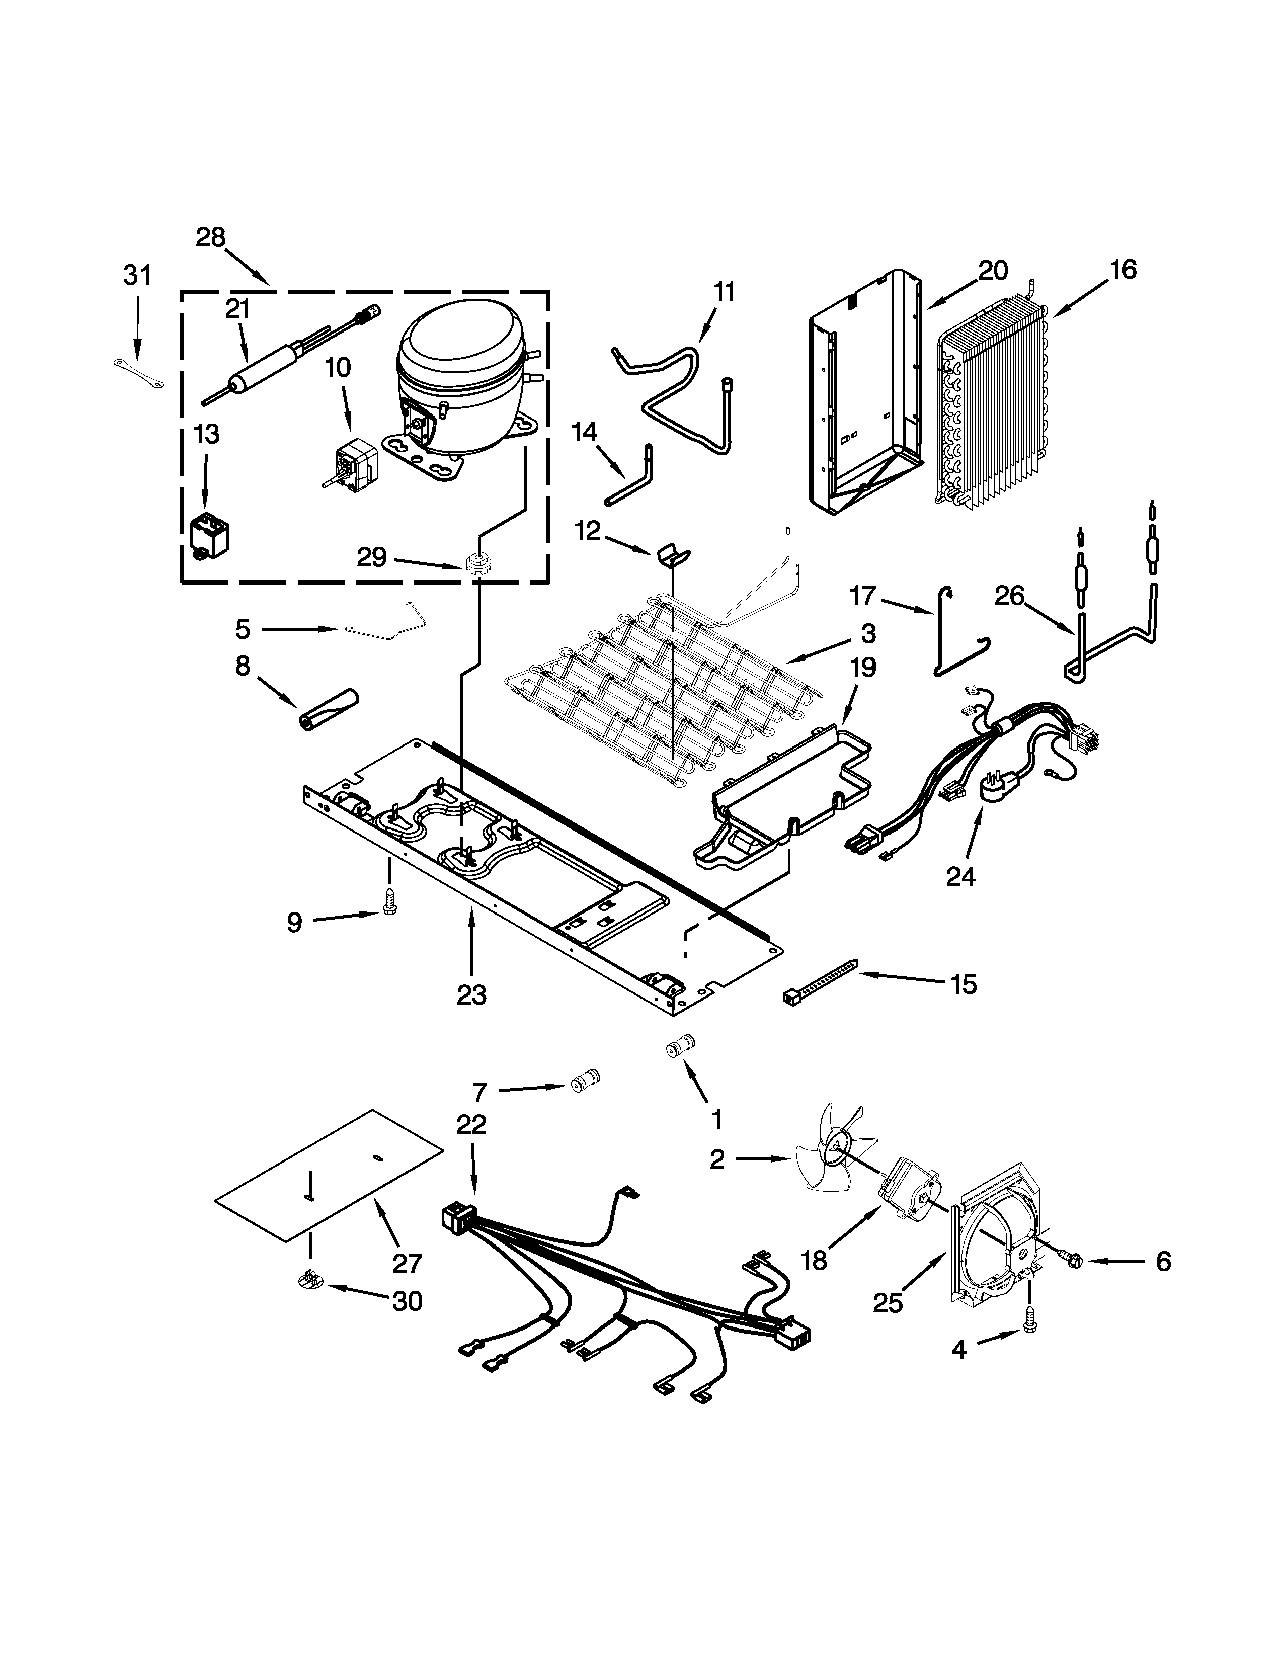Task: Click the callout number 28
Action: (210, 238)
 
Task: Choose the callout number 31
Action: (137, 275)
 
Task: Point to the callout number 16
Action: (1122, 269)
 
